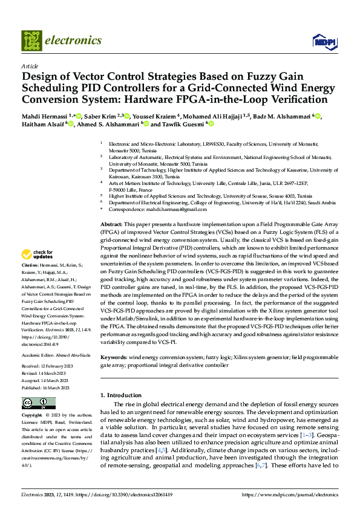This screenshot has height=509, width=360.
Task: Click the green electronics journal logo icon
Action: [32, 41]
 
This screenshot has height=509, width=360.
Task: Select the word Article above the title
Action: [30, 66]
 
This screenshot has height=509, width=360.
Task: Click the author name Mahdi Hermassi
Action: [46, 116]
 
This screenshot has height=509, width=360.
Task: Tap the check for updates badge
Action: [38, 271]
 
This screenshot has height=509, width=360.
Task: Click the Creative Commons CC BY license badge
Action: [38, 403]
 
